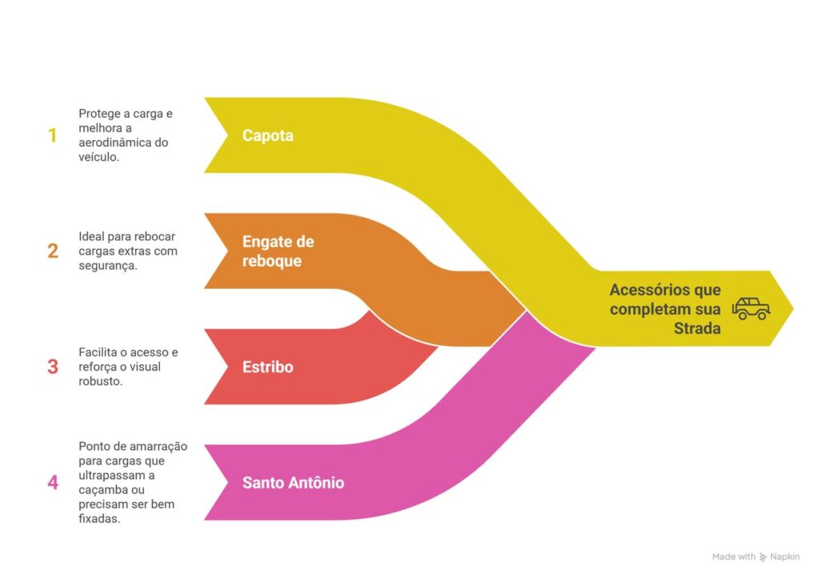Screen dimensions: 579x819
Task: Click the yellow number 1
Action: click(53, 135)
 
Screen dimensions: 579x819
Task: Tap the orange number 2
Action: click(53, 251)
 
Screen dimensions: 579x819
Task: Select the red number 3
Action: click(53, 367)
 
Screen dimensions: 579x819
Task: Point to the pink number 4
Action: click(53, 483)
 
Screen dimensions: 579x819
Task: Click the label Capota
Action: click(268, 135)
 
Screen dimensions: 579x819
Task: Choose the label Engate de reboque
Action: click(278, 251)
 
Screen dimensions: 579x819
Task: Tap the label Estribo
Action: click(268, 367)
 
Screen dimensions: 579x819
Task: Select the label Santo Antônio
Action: click(293, 483)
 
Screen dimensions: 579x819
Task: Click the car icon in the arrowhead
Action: click(751, 308)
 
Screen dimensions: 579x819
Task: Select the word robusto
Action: click(100, 381)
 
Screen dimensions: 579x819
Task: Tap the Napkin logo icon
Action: click(764, 557)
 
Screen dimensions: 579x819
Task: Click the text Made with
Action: click(733, 557)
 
